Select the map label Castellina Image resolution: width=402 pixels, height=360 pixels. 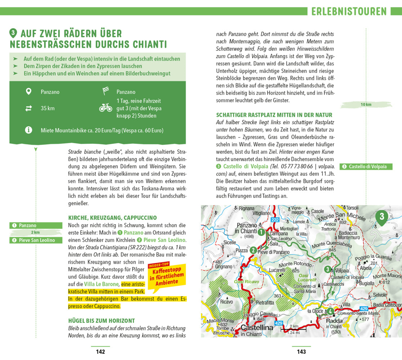257,328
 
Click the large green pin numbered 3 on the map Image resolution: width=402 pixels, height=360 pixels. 382,217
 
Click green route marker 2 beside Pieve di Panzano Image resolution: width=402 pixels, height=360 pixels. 253,250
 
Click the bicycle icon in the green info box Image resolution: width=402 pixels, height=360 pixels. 106,108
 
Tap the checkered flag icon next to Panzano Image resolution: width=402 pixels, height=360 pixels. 105,91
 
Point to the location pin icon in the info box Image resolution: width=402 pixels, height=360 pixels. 28,91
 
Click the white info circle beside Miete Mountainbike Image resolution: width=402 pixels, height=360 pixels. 28,130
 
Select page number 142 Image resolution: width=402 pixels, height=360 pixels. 100,352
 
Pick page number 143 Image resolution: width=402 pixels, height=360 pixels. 301,352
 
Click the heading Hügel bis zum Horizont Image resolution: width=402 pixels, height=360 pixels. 101,320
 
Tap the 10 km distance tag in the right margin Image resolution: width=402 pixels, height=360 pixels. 366,104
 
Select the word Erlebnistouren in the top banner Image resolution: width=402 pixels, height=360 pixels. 349,12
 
